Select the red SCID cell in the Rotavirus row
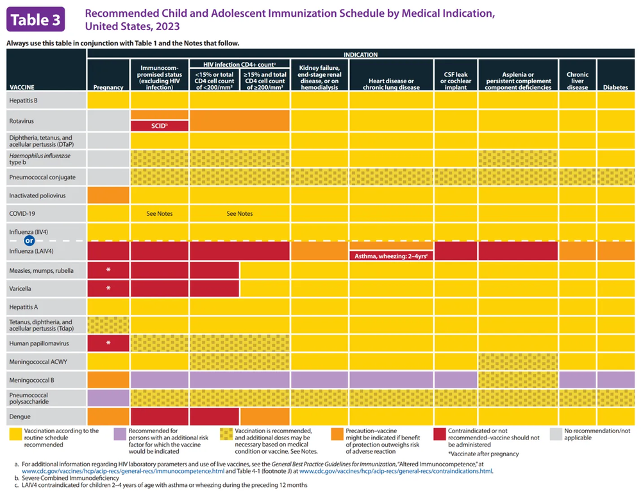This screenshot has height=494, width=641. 160,126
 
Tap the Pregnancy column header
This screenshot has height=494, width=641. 108,87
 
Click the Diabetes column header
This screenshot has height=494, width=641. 615,87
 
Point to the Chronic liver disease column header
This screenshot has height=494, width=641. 578,81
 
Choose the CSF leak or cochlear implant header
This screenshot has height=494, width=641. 456,81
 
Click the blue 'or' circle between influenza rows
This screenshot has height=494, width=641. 28,241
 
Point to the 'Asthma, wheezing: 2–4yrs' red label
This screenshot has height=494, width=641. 391,256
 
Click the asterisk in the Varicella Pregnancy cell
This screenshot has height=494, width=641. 108,288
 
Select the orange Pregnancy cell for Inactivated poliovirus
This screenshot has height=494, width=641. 108,195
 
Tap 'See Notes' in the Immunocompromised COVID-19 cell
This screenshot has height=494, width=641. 160,214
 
